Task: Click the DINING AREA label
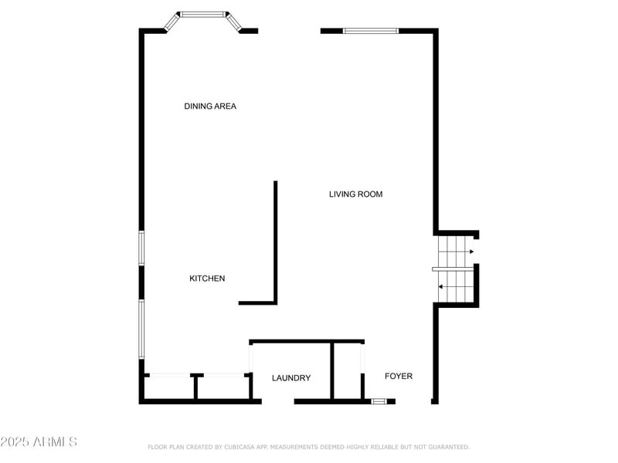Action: (x=210, y=106)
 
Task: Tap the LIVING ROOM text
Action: (x=355, y=194)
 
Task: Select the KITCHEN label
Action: (x=207, y=279)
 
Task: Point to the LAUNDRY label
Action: (x=291, y=378)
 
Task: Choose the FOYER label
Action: (x=399, y=377)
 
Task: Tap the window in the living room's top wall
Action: (x=371, y=31)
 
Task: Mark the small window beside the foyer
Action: (x=379, y=401)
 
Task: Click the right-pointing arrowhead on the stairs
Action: (x=471, y=252)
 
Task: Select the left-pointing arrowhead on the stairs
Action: (x=440, y=287)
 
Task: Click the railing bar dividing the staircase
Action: (x=453, y=268)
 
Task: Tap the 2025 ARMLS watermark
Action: (x=39, y=442)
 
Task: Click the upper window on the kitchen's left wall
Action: (x=141, y=248)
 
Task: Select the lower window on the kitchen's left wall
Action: (x=141, y=329)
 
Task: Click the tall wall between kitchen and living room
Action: (x=275, y=241)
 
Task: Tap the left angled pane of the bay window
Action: (x=171, y=22)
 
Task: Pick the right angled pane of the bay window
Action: (x=234, y=22)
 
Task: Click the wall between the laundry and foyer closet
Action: (x=332, y=370)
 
